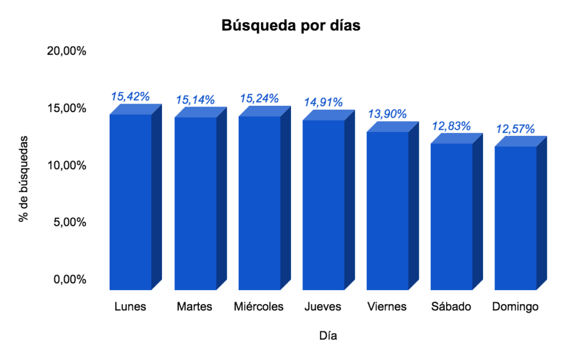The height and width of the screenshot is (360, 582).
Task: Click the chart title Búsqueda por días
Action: (290, 26)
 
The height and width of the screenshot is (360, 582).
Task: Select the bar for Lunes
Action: (131, 202)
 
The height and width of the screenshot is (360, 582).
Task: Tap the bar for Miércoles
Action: (259, 203)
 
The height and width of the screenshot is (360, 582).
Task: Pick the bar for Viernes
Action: (388, 210)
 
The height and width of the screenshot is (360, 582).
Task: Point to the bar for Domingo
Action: (516, 218)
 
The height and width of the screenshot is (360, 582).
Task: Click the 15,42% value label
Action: (130, 96)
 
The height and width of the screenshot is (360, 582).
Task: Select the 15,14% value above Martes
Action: (195, 100)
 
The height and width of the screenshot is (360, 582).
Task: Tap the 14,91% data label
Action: (323, 102)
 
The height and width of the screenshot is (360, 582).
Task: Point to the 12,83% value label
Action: (452, 125)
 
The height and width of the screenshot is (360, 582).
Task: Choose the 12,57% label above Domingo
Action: (516, 129)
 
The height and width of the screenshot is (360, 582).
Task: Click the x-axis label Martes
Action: (194, 307)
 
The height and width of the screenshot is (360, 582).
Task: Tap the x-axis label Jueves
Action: (323, 307)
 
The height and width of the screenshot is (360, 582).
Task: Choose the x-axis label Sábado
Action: (451, 307)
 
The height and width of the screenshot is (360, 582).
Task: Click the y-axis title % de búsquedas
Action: (23, 178)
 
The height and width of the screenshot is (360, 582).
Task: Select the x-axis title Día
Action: (328, 336)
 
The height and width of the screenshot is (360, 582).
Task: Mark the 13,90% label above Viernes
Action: (388, 114)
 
